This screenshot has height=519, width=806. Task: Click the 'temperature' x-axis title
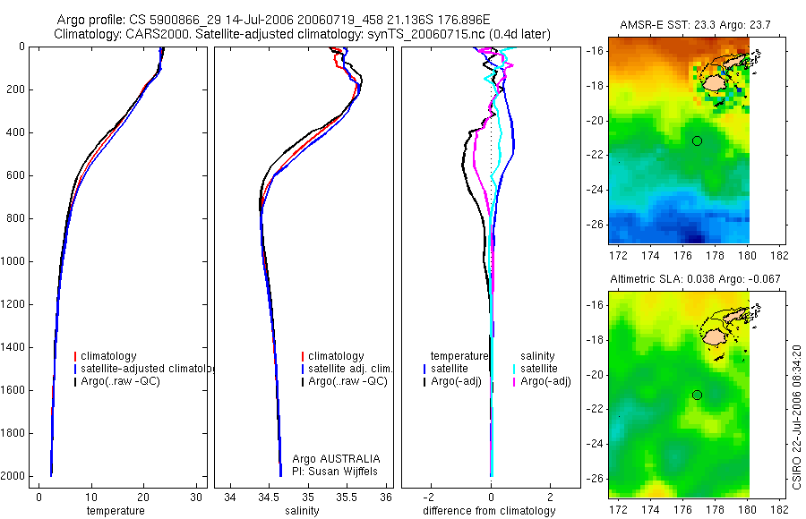tap(115, 511)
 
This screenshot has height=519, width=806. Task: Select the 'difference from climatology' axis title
tap(491, 511)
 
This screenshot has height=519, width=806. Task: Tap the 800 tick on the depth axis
tap(16, 218)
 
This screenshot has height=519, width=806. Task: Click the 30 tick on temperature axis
tap(197, 497)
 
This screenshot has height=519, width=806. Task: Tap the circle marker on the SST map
tap(697, 140)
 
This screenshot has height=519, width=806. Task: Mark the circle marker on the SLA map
tap(697, 395)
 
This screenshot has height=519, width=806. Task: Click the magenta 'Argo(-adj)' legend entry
tap(545, 381)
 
